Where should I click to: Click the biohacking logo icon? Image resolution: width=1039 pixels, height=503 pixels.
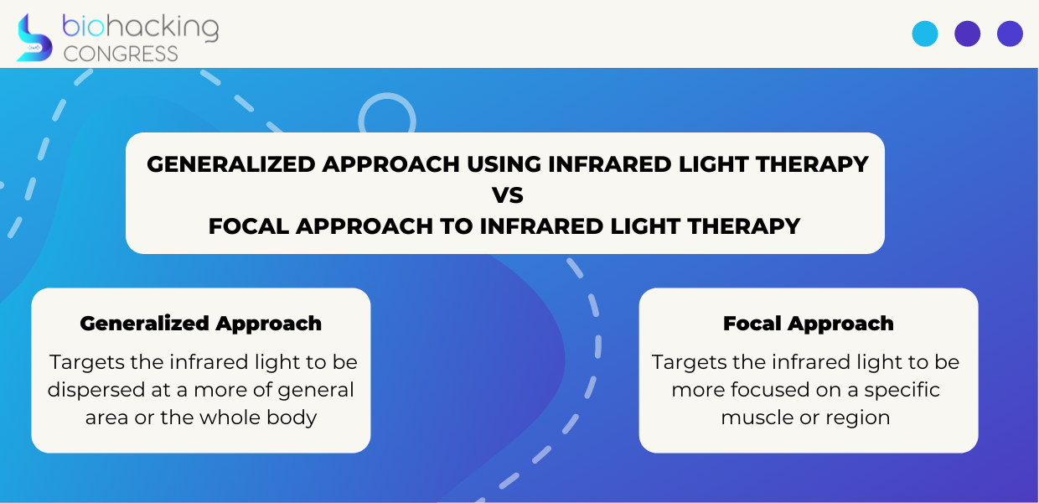point(34,38)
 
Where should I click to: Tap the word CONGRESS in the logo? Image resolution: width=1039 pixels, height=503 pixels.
point(121,54)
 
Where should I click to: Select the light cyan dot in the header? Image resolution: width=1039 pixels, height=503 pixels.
point(925,34)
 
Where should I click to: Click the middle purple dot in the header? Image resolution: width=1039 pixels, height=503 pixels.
point(968,34)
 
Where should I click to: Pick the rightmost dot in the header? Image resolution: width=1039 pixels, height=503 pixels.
point(1010,34)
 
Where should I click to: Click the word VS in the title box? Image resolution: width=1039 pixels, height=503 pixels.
point(508,195)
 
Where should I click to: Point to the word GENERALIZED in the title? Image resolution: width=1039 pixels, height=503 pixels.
point(231,164)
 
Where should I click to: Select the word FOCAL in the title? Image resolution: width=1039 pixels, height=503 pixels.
point(249,226)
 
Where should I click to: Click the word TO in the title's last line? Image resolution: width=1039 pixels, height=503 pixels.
point(457,226)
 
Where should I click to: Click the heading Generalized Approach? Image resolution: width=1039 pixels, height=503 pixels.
point(200,324)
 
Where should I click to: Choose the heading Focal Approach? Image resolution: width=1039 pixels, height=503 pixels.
point(808,324)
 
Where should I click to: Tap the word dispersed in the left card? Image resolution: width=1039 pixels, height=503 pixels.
point(96,390)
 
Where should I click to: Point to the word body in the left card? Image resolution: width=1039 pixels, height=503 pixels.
point(292,417)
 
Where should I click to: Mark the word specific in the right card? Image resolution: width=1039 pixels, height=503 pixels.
point(902,391)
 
